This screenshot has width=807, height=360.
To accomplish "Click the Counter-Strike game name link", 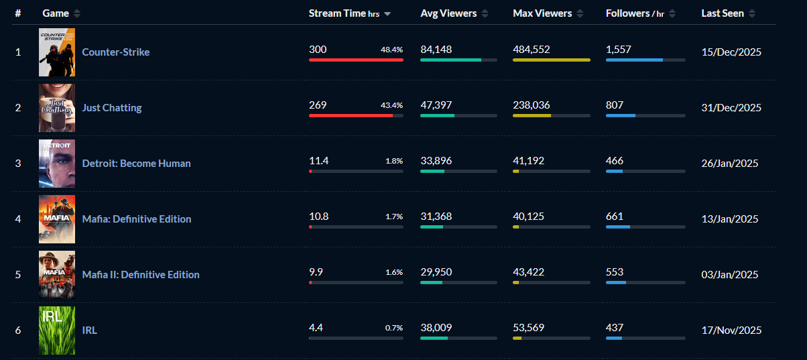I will coord(115,52).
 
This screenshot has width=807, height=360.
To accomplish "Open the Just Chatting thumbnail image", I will coord(57,108).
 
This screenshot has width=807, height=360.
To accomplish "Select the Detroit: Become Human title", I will coord(136,164).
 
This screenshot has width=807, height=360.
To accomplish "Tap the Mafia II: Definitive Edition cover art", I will coord(57,274).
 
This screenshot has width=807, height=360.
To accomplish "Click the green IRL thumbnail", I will coord(57,330).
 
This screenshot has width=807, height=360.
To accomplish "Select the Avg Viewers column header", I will coord(448,13).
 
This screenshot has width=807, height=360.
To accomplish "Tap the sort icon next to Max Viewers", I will coord(580,13).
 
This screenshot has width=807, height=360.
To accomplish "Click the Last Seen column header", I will coord(723,13).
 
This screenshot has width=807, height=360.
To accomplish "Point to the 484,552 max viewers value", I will coord(532,50).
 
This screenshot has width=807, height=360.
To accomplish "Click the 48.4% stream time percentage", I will coord(391,50).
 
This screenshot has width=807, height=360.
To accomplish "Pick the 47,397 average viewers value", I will coord(436,105).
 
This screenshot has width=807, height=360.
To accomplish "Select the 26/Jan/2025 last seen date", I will coord(730,164).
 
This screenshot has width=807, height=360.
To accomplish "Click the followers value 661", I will coord(615,217).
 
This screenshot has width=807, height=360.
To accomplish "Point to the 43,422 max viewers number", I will coord(528,272).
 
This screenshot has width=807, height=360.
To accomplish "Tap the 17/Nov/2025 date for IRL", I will coord(731,331).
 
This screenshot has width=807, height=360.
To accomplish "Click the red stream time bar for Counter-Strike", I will coord(356,60).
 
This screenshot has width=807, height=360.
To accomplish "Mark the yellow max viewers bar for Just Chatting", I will coord(532,115).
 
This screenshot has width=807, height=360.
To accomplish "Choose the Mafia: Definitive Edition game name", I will coord(136,219).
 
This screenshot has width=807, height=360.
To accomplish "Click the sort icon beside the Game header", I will coord(77,13).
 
